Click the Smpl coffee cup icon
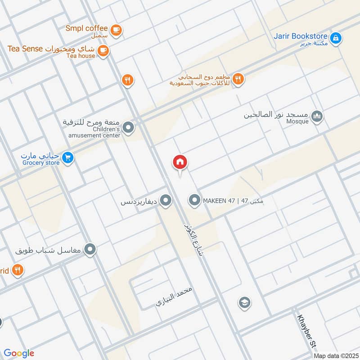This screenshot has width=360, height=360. click(116, 30)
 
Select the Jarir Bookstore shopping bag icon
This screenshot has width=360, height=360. click(335, 39)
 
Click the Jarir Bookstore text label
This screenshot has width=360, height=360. click(300, 36)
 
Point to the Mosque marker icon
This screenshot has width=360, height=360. click(317, 117)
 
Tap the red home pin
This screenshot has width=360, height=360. click(180, 162)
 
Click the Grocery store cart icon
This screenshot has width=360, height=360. click(67, 157)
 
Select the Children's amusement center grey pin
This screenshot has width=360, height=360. click(129, 128)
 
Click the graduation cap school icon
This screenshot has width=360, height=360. click(244, 302)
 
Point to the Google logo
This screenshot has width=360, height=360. click(19, 353)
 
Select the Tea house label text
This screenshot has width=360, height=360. click(81, 56)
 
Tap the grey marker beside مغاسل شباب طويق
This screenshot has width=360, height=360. click(90, 249)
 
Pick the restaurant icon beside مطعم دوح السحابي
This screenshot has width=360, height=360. click(238, 79)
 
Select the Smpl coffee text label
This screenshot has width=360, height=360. click(86, 28)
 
